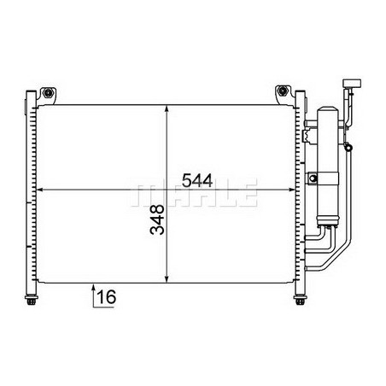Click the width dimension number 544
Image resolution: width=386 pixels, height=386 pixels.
pyautogui.click(x=197, y=180)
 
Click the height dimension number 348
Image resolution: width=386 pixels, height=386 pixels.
pyautogui.click(x=157, y=219)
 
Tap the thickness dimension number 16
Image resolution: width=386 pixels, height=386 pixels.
pyautogui.click(x=107, y=296)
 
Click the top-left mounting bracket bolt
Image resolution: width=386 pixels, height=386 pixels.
pyautogui.click(x=49, y=92)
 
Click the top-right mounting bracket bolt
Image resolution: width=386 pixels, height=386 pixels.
pyautogui.click(x=283, y=91)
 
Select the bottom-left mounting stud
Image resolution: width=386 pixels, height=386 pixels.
pyautogui.click(x=31, y=301)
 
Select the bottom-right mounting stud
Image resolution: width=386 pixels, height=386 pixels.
pyautogui.click(x=300, y=301)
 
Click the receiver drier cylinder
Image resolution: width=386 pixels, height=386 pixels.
pyautogui.click(x=327, y=167)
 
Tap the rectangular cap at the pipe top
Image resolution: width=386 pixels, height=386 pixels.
pyautogui.click(x=352, y=83)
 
